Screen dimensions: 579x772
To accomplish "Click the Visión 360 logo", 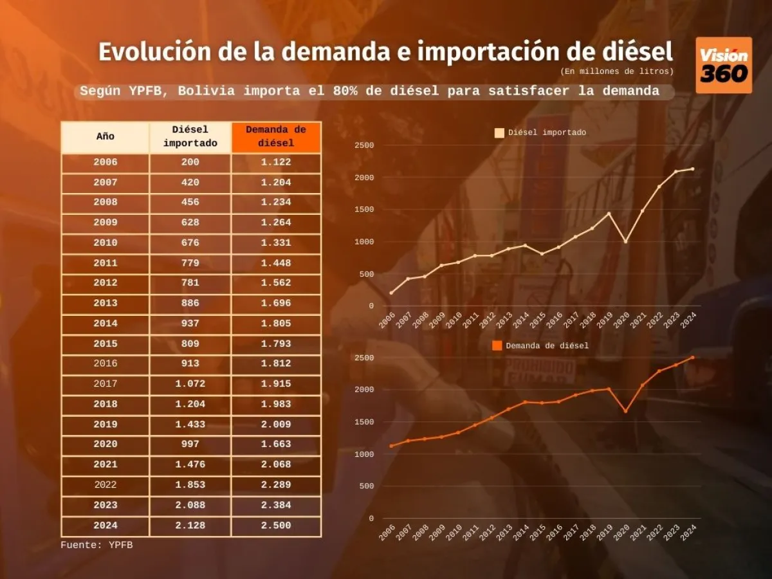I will point(724,65).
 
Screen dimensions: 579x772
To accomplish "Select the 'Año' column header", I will point(106,136).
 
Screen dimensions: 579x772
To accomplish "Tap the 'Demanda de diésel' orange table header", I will point(276,136).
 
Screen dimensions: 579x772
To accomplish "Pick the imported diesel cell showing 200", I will point(190,162).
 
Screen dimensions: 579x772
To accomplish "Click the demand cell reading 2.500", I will point(276,526).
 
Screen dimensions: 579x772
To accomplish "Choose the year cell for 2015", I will point(106,344).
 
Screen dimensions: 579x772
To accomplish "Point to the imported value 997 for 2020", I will point(190,445).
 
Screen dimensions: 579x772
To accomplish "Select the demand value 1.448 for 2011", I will point(276,263).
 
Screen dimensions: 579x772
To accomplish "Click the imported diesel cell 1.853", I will point(190,485).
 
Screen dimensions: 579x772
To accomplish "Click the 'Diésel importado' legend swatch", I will point(499,133).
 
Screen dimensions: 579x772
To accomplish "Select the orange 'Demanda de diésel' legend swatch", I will point(497,345).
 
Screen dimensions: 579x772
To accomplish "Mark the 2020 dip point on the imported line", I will point(625,241).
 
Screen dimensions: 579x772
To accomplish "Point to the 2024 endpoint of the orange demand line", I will point(692,357).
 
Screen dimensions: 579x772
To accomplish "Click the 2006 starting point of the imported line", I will point(391,293).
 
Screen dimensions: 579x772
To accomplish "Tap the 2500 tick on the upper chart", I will point(364,145).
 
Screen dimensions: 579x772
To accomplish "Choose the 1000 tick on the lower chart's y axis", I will point(364,454).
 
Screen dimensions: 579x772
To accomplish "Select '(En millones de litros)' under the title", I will point(616,71).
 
